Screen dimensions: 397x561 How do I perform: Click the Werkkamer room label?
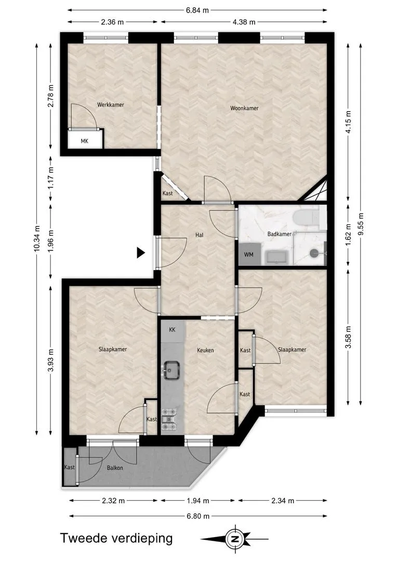tap(111, 105)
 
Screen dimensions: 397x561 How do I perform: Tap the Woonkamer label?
tap(244, 108)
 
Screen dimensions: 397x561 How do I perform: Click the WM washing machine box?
tap(248, 255)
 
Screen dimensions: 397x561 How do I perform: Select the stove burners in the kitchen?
tap(170, 419)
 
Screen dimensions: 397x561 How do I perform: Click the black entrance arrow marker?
tap(141, 253)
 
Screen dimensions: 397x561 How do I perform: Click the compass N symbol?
tap(234, 539)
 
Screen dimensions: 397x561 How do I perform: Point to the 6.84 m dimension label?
tap(197, 10)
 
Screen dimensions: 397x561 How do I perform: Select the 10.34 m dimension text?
tap(37, 238)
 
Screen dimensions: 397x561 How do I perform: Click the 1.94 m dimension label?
tap(198, 501)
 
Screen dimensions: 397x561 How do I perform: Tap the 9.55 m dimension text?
tap(361, 224)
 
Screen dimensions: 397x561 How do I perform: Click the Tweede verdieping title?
tap(116, 538)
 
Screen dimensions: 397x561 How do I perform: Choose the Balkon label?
tap(115, 468)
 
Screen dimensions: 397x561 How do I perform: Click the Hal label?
tap(200, 235)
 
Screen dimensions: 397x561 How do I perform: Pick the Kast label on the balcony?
tap(70, 467)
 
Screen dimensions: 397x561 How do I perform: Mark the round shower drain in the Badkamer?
tap(313, 253)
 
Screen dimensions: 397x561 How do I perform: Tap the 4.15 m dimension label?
tap(349, 122)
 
